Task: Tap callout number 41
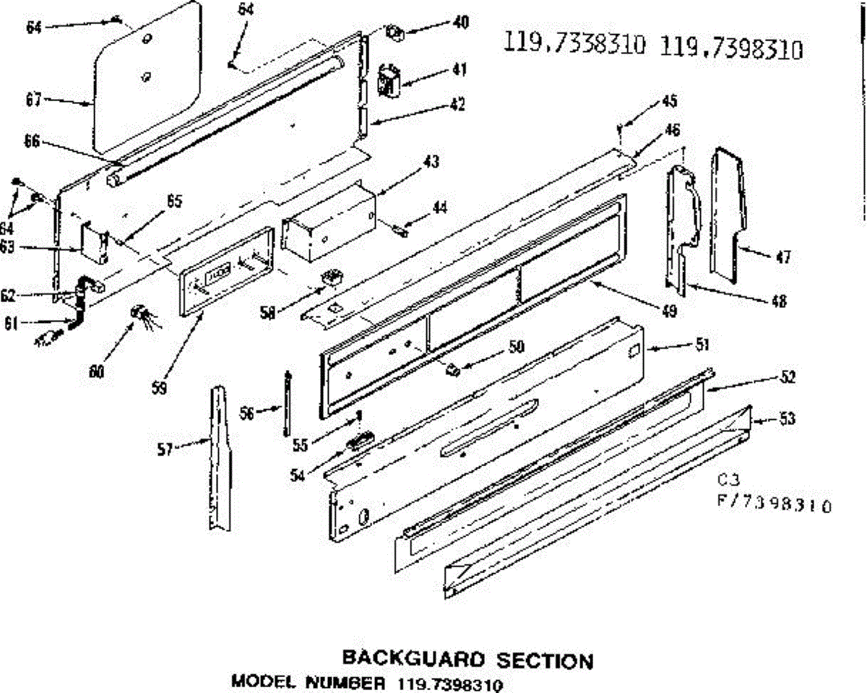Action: tap(459, 70)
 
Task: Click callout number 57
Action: tap(165, 449)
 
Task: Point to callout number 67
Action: tap(33, 100)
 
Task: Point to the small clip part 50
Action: tap(453, 369)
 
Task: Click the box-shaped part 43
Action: tap(329, 220)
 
